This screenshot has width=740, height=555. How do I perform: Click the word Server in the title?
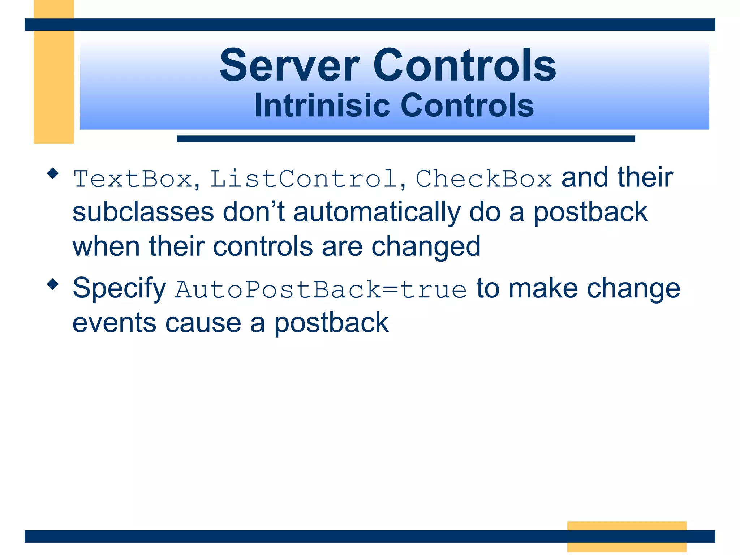coord(289,66)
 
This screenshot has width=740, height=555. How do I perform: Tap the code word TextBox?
coord(133,179)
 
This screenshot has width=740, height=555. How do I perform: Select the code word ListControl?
coord(304,179)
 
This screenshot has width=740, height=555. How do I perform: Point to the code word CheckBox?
coord(483,179)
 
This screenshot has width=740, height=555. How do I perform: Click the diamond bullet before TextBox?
coord(53,173)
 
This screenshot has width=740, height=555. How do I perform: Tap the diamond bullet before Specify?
coord(53,284)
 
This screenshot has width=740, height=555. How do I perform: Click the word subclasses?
coord(143,212)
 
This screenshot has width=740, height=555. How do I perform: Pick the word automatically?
coord(377,213)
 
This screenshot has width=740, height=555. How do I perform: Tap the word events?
coord(114,323)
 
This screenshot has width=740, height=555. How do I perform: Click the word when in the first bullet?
coord(106,246)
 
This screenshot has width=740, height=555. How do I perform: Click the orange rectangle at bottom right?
coord(627,536)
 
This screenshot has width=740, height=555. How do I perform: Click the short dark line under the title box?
coord(405,139)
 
